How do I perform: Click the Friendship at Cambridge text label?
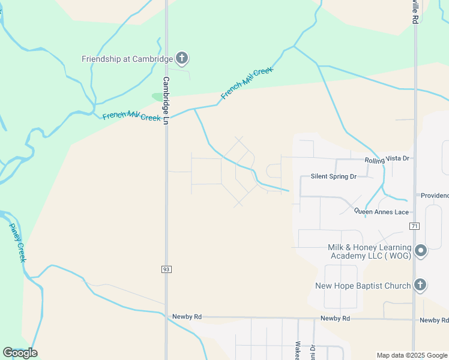(127, 59)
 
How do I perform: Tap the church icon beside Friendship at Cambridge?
(182, 58)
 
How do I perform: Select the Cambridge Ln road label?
(166, 100)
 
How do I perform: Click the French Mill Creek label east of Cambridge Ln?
(247, 83)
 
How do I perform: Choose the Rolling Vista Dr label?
(387, 158)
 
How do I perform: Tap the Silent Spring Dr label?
(333, 176)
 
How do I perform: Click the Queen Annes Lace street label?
(381, 212)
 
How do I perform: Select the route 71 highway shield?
(414, 226)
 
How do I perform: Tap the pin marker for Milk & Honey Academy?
(421, 251)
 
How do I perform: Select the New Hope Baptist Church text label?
(363, 286)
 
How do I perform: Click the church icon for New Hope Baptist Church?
(421, 285)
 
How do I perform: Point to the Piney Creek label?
(18, 242)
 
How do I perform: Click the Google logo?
(20, 353)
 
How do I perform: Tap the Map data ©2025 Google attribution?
(411, 355)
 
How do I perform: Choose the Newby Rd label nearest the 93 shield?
(187, 317)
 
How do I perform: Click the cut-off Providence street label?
(433, 196)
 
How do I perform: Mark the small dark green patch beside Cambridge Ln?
(159, 97)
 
